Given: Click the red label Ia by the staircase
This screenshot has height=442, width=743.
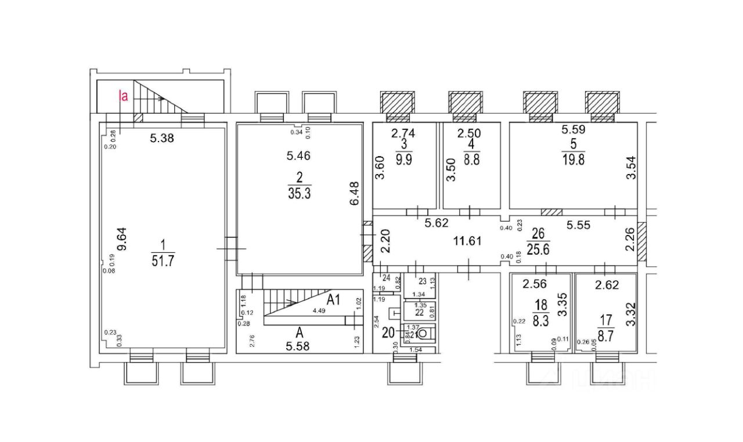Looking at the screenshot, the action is click(123, 96).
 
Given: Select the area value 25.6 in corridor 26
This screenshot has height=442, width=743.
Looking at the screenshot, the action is click(537, 250).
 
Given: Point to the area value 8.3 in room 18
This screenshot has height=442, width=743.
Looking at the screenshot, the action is click(540, 322).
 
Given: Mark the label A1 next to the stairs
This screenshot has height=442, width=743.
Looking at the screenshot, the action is click(333, 299).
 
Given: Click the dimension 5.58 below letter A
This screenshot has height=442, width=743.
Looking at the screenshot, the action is click(300, 346).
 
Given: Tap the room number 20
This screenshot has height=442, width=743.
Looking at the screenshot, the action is click(388, 333).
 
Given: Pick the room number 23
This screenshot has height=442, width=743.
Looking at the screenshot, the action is click(423, 282).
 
